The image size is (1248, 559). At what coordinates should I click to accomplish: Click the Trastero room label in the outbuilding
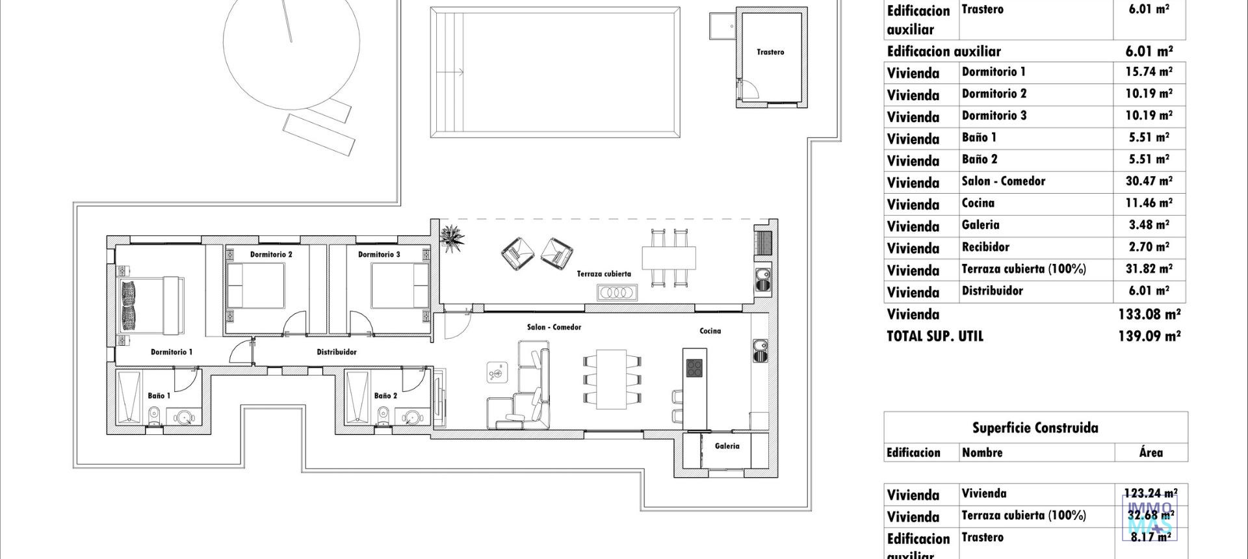click(770, 52)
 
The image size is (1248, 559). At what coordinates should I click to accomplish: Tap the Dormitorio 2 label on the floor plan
click(271, 254)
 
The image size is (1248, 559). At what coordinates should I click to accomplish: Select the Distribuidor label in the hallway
click(337, 352)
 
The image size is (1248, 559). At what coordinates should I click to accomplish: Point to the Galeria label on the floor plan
click(727, 446)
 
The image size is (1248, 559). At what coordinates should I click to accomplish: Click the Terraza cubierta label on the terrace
click(604, 274)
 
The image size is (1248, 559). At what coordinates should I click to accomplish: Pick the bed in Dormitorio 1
click(151, 305)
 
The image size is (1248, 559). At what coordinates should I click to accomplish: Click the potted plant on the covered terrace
click(452, 237)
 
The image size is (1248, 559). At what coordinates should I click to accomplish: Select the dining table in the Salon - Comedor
click(611, 379)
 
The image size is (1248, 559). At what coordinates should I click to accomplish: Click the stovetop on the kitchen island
click(694, 368)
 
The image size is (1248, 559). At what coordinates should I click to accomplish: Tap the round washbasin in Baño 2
click(411, 417)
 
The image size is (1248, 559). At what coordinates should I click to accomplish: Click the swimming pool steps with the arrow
click(448, 72)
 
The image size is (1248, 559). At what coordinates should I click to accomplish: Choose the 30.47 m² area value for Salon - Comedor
click(1149, 181)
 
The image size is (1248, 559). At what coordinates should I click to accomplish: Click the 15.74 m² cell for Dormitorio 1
click(1149, 72)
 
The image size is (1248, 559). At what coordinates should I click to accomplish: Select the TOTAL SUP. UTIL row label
click(935, 336)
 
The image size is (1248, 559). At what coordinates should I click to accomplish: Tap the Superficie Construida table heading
click(1035, 428)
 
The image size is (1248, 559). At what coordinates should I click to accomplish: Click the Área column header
click(1150, 452)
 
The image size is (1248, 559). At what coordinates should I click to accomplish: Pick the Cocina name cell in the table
click(978, 203)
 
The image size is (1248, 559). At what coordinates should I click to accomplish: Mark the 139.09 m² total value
click(1149, 336)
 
